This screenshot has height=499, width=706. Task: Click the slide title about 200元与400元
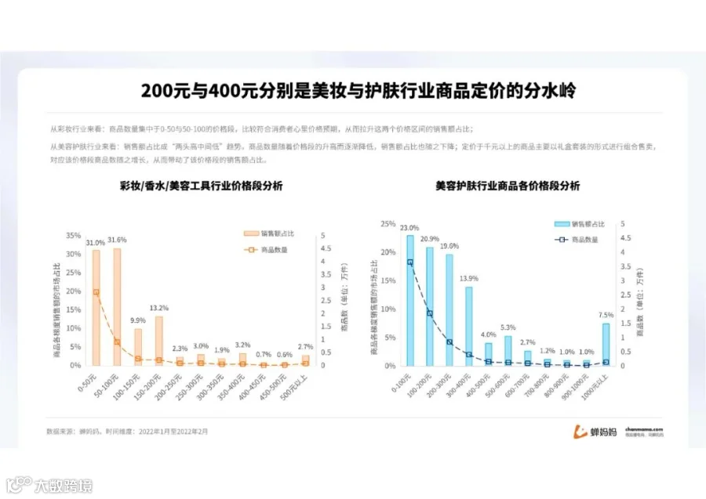pyautogui.click(x=358, y=91)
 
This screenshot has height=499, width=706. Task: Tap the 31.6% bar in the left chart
pyautogui.click(x=117, y=306)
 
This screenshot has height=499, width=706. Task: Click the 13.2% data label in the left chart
pyautogui.click(x=159, y=308)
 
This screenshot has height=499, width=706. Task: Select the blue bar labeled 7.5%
pyautogui.click(x=606, y=345)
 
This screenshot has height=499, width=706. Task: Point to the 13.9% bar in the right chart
pyautogui.click(x=468, y=325)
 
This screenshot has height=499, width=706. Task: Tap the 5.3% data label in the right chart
pyautogui.click(x=508, y=327)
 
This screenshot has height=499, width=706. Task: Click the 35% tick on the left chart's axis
pyautogui.click(x=73, y=235)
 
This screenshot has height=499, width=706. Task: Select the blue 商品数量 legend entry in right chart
pyautogui.click(x=577, y=239)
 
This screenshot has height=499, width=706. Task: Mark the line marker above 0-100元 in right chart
pyautogui.click(x=409, y=262)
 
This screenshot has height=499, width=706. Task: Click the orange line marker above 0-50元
pyautogui.click(x=96, y=292)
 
